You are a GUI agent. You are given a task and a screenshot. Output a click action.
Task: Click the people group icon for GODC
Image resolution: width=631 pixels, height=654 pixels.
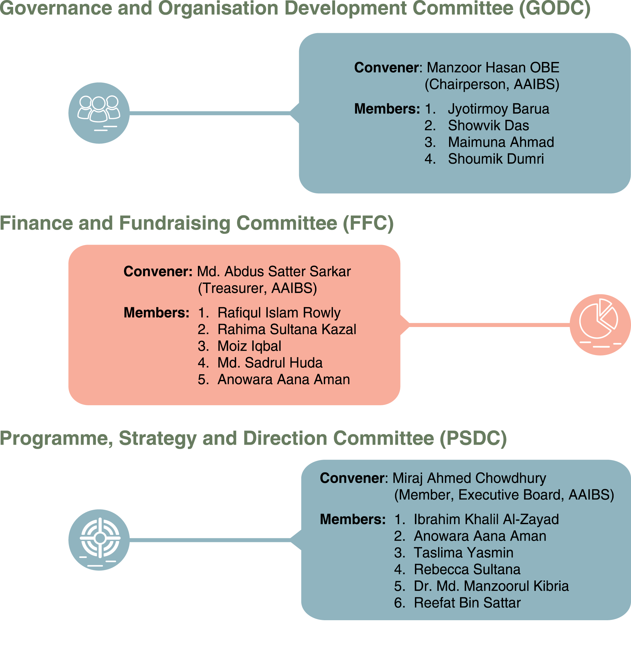[x=99, y=113]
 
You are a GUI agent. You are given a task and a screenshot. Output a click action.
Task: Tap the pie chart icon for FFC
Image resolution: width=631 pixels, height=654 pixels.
[x=600, y=325]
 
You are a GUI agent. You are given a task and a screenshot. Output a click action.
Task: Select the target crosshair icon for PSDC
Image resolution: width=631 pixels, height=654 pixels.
[x=99, y=540]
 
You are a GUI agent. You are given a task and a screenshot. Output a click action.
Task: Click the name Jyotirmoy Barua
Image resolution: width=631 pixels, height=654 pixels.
[x=499, y=109]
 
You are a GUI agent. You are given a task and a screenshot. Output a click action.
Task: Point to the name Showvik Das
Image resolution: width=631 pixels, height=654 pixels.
[x=489, y=125]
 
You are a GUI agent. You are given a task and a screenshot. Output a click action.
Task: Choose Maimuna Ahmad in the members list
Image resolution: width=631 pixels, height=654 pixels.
[x=501, y=142]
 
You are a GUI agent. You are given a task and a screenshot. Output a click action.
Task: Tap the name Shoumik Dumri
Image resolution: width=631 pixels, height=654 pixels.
[x=496, y=159]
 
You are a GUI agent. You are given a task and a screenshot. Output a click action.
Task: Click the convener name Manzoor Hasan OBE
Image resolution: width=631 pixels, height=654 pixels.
[x=493, y=68]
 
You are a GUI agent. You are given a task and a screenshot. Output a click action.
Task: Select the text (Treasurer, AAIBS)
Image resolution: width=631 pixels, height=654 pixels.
[x=257, y=288]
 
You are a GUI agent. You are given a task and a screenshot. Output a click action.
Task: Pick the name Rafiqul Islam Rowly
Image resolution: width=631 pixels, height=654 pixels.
[x=279, y=313]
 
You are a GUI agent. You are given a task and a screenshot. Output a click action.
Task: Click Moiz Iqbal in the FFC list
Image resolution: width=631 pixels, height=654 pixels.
[x=249, y=346]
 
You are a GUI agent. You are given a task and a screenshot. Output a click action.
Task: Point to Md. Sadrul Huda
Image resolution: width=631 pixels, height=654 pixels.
[x=270, y=363]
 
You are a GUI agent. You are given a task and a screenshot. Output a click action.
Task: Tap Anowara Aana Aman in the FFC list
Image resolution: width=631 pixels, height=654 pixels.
[x=284, y=379]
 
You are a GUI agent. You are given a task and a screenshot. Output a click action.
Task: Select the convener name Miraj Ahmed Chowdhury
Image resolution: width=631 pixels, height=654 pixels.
[x=469, y=478]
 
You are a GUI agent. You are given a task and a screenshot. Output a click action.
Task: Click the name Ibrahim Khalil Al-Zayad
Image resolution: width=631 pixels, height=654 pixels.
[x=486, y=519]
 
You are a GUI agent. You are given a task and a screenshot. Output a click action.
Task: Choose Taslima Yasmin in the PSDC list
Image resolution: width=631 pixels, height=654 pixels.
[x=464, y=553]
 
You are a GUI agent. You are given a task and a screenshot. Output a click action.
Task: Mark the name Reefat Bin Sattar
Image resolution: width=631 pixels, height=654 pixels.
[x=468, y=603]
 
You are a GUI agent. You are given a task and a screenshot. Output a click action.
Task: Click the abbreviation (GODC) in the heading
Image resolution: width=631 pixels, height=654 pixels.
[x=555, y=8]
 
